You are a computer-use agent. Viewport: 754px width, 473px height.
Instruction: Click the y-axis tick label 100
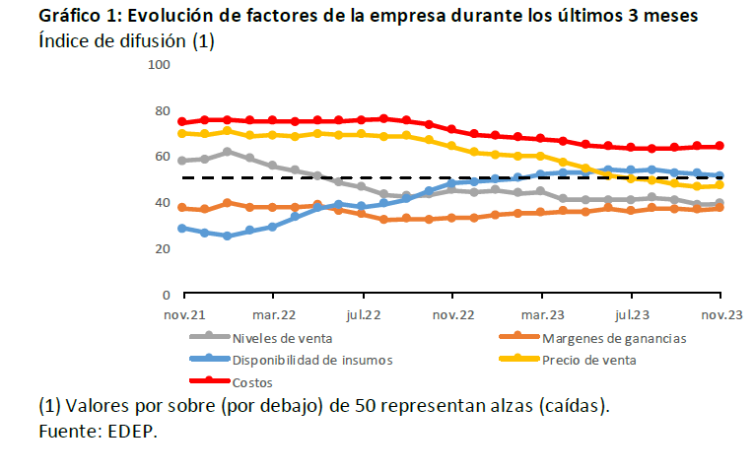point(159,65)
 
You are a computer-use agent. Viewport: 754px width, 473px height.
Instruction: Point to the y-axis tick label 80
point(162,110)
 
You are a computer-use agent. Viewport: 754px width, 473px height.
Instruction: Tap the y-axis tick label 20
point(162,248)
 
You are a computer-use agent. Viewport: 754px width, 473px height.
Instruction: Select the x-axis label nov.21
point(183,315)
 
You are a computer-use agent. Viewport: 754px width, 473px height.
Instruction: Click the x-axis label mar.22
point(274,315)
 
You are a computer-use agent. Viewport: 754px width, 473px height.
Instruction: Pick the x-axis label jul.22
point(364,315)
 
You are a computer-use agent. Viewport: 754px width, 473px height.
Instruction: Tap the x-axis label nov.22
point(453,315)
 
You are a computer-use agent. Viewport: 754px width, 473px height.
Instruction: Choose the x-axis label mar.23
point(542,315)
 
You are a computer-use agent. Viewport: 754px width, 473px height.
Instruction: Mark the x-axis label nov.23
point(720,315)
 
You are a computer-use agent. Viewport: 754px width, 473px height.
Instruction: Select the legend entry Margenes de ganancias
point(613,338)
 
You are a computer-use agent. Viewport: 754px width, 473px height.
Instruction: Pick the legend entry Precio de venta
point(588,360)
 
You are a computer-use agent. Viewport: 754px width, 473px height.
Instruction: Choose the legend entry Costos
point(253,381)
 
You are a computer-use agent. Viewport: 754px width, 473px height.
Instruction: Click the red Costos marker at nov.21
point(182,122)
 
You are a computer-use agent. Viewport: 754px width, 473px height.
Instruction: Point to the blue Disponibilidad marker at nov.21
point(182,229)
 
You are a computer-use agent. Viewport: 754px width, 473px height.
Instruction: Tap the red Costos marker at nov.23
point(720,146)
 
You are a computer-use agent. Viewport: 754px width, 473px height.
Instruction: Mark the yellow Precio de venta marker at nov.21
point(182,134)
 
